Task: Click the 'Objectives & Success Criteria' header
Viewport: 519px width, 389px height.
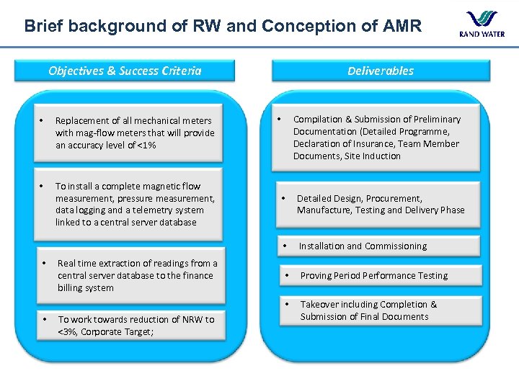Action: coord(125,71)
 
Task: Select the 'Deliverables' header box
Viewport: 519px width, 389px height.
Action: coord(381,71)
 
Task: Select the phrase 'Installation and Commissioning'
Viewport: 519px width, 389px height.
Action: coord(363,246)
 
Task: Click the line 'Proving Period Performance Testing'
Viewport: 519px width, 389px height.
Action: coord(373,276)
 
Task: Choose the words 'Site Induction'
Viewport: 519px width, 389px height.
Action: coord(373,156)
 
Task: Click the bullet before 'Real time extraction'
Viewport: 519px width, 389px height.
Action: coord(43,262)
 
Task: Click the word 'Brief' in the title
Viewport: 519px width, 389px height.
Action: coord(42,27)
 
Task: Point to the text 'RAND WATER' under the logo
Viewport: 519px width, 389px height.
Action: coord(481,34)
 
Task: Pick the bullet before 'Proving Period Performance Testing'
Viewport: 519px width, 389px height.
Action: coord(286,276)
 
